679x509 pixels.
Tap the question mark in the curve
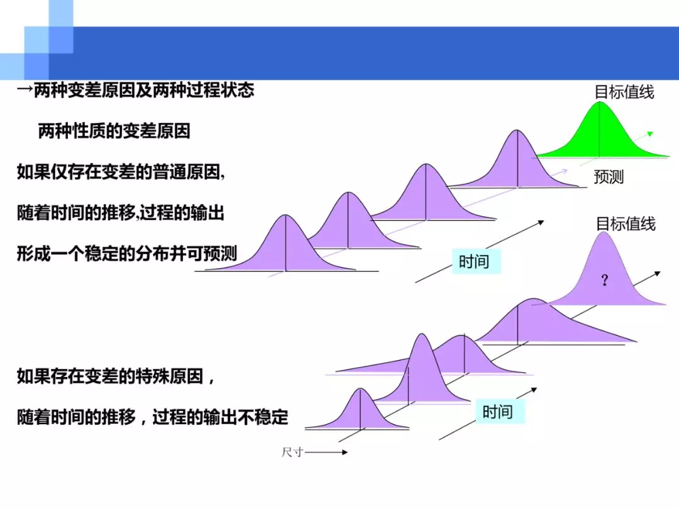coord(605,280)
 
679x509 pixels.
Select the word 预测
coord(609,177)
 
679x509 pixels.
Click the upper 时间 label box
coord(477,261)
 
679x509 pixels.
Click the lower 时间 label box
coord(500,411)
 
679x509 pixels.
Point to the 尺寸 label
coord(292,452)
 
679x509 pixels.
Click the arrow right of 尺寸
coord(326,452)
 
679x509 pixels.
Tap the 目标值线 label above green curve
coord(624,92)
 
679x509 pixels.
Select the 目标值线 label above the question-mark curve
coord(626,224)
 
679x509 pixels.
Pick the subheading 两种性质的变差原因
coord(114,131)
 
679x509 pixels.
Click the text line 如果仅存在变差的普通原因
coord(121,172)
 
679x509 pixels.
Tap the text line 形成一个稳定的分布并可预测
coord(127,253)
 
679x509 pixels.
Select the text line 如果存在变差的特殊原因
coord(116,376)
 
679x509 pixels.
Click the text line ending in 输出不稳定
coord(152,417)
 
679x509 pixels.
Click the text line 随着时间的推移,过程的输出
coord(120,212)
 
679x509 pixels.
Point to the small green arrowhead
coord(649,134)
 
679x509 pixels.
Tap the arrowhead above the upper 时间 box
coord(541,222)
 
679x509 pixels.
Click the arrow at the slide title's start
coord(25,90)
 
